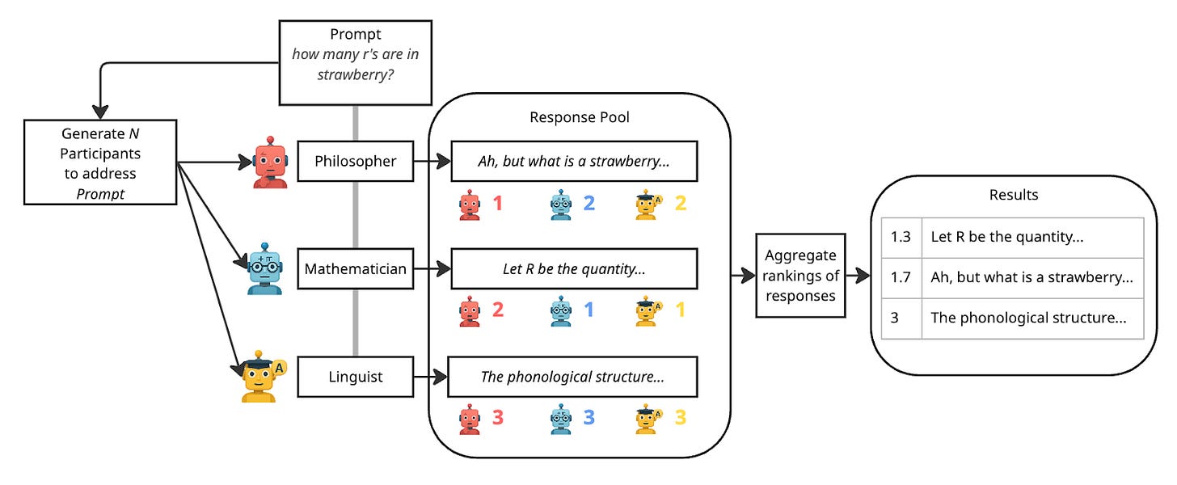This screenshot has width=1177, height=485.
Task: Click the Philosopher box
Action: click(356, 161)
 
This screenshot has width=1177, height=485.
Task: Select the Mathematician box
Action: click(356, 268)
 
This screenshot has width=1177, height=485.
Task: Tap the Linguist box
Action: click(356, 377)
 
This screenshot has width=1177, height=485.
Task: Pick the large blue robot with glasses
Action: click(265, 268)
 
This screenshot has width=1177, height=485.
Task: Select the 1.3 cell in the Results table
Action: click(901, 238)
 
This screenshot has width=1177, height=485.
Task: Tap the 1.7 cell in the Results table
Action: click(901, 277)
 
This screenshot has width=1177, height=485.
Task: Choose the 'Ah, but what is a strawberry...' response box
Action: click(574, 162)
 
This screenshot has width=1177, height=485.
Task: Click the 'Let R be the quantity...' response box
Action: click(574, 269)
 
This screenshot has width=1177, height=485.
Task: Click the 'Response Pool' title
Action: click(580, 117)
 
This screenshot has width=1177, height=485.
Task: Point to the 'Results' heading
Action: click(1014, 195)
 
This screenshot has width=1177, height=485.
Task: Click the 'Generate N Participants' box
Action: click(100, 162)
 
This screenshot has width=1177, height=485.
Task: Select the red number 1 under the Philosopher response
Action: click(498, 203)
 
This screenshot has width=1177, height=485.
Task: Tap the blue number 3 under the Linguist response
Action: click(589, 417)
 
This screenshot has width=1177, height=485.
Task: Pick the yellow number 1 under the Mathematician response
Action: click(681, 310)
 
